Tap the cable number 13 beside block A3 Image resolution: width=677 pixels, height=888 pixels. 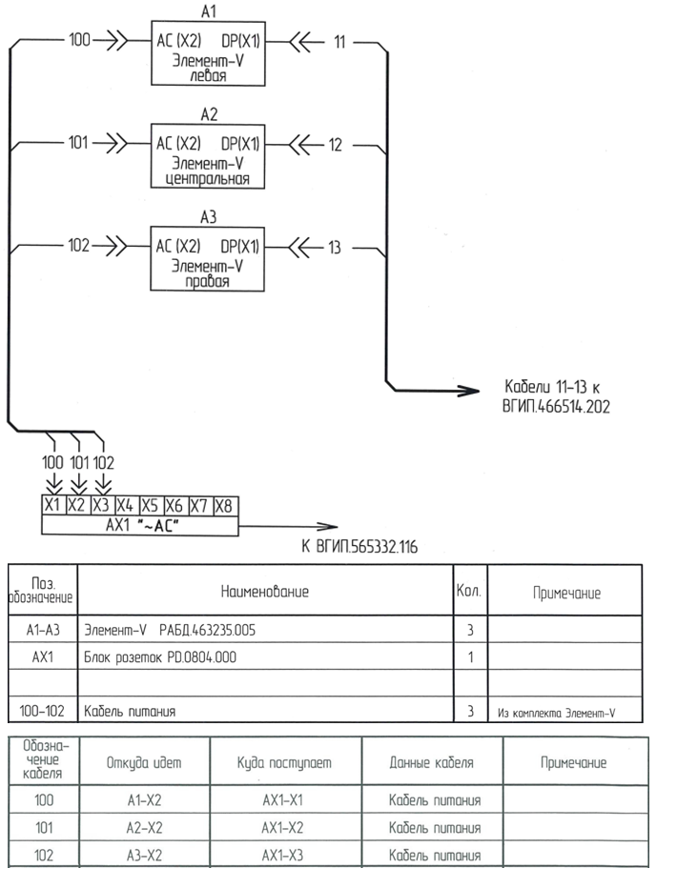tap(334, 247)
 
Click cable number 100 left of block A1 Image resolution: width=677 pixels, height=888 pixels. tap(80, 42)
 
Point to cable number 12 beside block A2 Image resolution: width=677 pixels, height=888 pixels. tap(335, 145)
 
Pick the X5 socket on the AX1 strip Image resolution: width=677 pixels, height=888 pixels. tap(150, 505)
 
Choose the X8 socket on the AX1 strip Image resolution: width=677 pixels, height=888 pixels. tap(223, 505)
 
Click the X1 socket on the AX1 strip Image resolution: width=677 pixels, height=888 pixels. tap(52, 505)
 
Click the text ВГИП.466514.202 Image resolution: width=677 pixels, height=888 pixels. tap(556, 405)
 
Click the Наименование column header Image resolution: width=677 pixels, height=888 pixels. tap(265, 592)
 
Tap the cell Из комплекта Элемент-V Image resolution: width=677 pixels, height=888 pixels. tap(561, 711)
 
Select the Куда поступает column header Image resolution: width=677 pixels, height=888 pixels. tap(284, 762)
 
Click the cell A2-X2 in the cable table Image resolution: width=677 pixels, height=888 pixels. tap(145, 828)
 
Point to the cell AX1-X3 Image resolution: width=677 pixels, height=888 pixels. tap(283, 855)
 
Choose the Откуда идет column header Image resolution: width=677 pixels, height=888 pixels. tap(145, 762)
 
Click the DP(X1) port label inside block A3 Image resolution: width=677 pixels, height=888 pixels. tap(240, 247)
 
